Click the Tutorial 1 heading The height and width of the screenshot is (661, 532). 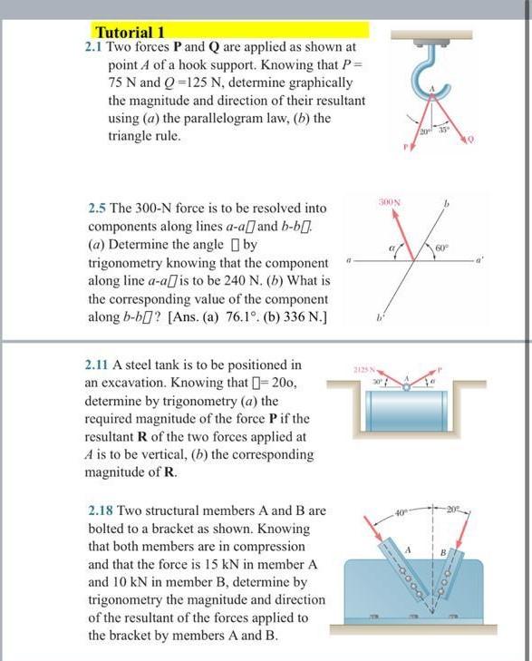pos(132,30)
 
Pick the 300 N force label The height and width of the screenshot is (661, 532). pos(392,199)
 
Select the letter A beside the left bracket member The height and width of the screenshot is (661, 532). pos(409,550)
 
